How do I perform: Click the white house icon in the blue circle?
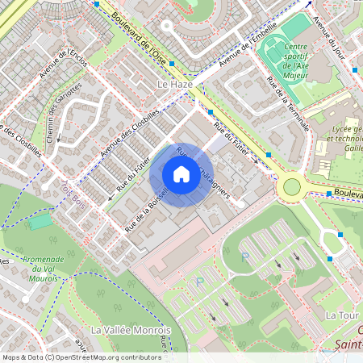point(181,173)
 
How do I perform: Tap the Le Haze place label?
point(173,84)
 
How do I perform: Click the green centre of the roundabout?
point(291,187)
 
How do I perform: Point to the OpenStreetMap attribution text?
point(81,357)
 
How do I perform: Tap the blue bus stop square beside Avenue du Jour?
point(354,70)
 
